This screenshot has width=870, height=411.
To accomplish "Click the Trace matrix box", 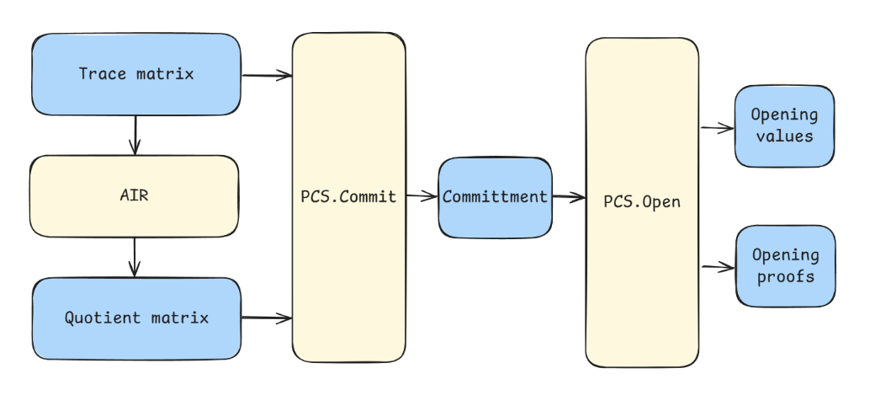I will tap(136, 74).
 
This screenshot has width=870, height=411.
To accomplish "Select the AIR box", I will tap(135, 195).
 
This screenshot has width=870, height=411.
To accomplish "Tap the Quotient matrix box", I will tap(136, 318).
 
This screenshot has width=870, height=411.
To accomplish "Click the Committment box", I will tap(495, 197).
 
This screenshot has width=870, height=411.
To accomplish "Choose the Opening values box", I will tap(784, 125).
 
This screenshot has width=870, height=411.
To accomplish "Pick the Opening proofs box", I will tap(785, 265).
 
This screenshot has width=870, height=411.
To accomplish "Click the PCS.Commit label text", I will tap(348, 197).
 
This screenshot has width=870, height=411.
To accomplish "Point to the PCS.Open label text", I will tap(641, 203).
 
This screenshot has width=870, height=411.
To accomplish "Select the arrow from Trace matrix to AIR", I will tap(135, 135).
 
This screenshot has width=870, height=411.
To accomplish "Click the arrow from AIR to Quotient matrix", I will tap(134, 256).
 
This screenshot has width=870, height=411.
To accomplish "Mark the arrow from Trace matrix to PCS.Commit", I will tap(267, 76).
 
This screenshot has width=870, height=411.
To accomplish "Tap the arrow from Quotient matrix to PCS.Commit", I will tap(267, 318).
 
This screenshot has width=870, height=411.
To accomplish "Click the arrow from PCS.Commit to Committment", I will tap(422, 197).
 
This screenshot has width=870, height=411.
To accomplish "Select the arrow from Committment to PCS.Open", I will tap(569, 198).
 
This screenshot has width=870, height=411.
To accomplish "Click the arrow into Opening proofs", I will tap(718, 268).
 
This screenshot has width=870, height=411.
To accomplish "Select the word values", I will tap(784, 136).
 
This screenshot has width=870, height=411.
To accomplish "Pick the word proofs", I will tap(785, 275).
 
